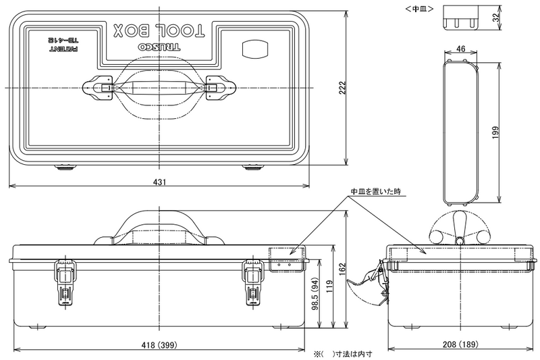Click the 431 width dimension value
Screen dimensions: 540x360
[159, 182]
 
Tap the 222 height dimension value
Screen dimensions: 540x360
[342, 88]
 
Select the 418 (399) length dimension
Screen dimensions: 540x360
[159, 344]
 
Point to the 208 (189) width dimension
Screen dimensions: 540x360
[460, 344]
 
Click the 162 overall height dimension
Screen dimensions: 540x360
[342, 269]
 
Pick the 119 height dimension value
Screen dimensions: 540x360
[329, 286]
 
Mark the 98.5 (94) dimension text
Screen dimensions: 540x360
[316, 294]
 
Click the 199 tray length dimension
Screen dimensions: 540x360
[495, 132]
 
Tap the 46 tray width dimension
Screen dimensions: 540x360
[460, 49]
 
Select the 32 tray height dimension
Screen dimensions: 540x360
[495, 18]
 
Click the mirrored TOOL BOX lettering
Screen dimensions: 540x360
[159, 30]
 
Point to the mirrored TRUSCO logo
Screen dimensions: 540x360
[159, 47]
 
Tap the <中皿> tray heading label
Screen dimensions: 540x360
[419, 9]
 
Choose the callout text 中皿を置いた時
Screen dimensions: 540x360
[376, 192]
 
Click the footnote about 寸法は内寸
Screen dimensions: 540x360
[343, 354]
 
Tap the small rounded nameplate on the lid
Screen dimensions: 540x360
[255, 49]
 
